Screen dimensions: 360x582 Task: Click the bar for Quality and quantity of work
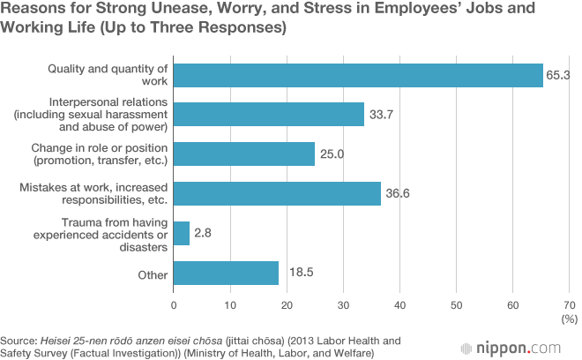click(x=358, y=75)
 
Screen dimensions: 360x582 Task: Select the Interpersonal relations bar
click(x=269, y=115)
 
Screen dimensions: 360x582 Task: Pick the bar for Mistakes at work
click(x=277, y=193)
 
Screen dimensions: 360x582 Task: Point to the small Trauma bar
click(x=182, y=233)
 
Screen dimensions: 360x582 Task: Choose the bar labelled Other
click(x=226, y=273)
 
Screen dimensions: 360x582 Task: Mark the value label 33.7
click(x=380, y=115)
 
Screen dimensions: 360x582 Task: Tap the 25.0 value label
click(x=331, y=154)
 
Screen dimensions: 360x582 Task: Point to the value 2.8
click(x=203, y=233)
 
